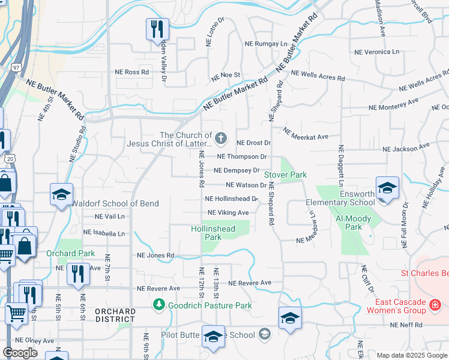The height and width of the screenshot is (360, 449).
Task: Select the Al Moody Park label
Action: [354, 223]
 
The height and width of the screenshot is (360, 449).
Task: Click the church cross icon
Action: [221, 139]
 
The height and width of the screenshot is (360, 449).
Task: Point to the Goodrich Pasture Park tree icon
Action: [158, 305]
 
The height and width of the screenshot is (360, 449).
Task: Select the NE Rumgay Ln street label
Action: [266, 44]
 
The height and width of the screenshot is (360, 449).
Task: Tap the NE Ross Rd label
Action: [132, 72]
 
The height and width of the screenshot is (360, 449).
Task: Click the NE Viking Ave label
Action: [228, 213]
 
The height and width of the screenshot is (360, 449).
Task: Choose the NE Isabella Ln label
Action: [104, 233]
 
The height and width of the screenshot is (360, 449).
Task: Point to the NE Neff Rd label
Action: [406, 325]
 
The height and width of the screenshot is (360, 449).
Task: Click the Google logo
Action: [20, 353]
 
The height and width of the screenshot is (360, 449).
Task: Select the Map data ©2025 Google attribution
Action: [411, 356]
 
